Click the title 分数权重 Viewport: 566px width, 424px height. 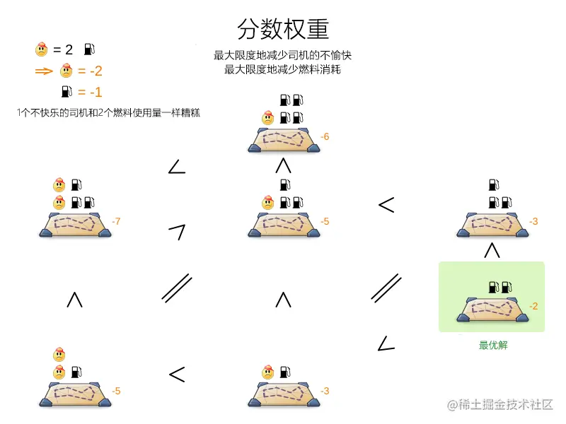283,29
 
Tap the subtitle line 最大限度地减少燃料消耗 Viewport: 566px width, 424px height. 282,69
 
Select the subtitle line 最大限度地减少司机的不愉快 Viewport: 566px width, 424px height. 282,55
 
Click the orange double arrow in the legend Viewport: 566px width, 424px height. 44,71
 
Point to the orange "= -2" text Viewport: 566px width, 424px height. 91,71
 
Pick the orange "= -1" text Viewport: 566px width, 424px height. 91,93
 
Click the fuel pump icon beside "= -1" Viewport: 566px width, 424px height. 67,92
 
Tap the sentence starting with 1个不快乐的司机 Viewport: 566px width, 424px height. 108,113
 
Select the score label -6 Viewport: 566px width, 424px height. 325,136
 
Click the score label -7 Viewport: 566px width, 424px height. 116,221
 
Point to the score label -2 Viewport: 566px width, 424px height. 533,306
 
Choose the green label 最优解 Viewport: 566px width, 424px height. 493,345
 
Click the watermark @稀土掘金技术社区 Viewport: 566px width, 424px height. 500,404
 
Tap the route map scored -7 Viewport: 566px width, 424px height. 76,225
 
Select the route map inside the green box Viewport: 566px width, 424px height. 492,310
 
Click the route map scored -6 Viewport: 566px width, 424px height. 284,140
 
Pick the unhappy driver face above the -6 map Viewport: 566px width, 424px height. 268,118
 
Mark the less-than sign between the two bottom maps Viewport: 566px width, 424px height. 177,375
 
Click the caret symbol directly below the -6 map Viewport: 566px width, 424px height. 284,166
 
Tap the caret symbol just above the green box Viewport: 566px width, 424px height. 492,250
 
